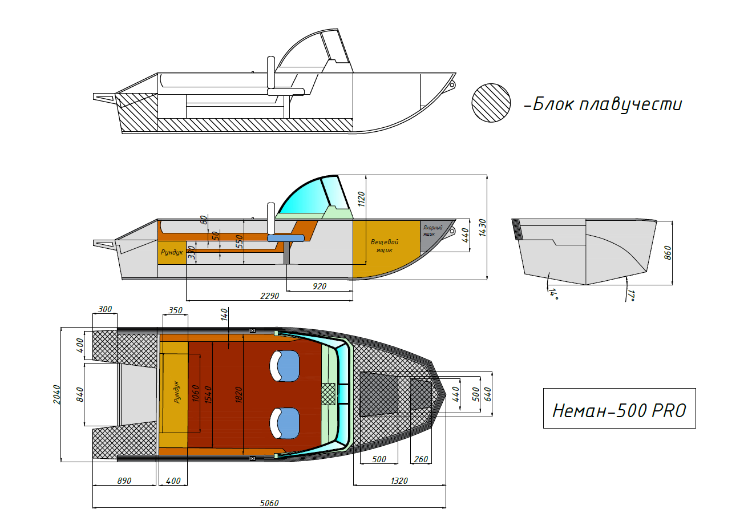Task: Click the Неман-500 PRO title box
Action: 620,408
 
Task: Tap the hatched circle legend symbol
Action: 491,103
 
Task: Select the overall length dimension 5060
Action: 269,503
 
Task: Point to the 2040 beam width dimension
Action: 56,394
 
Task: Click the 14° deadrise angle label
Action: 553,293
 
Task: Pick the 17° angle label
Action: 631,295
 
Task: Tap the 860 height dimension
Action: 667,252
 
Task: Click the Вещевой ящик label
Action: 385,246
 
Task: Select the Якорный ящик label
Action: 432,231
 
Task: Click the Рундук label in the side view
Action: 172,252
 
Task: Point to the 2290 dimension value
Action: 269,296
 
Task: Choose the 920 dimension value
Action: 320,286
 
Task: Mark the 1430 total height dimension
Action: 482,228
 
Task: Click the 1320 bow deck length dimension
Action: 399,481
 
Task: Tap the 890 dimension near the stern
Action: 124,481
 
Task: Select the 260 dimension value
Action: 421,459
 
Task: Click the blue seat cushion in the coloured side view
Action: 286,238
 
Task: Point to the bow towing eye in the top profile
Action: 452,85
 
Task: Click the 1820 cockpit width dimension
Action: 238,395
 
